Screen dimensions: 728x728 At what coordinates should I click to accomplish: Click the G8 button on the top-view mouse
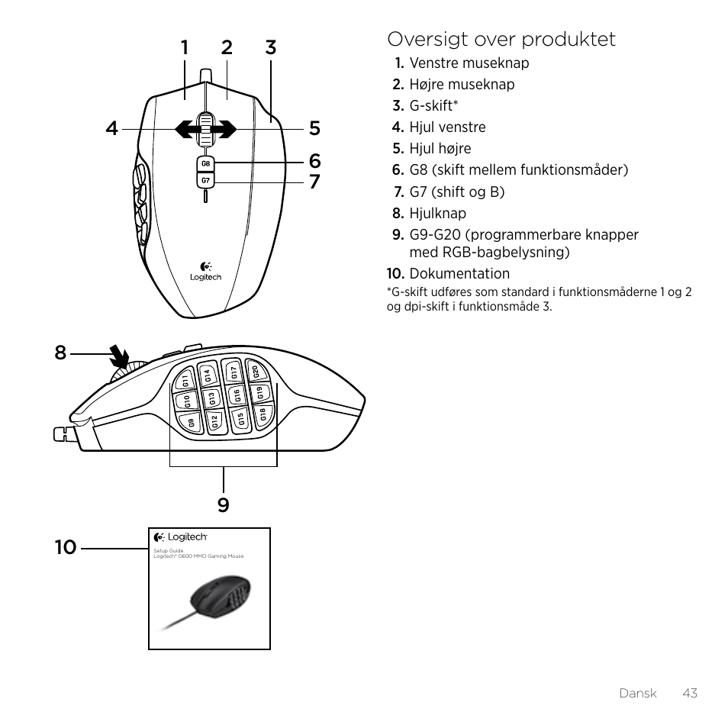205,164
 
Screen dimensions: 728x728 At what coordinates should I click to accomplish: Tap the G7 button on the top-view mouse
205,181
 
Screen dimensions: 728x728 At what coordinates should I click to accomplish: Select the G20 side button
256,372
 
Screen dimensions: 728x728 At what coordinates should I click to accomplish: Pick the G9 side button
191,422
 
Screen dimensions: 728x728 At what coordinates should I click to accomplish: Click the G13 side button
212,398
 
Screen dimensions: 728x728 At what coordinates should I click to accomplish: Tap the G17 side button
234,372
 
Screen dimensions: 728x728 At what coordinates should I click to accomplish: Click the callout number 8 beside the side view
60,353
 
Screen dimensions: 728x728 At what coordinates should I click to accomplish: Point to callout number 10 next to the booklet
66,546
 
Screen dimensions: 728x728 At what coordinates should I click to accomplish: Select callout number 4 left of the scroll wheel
112,129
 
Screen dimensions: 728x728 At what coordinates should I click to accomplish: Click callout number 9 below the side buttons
223,504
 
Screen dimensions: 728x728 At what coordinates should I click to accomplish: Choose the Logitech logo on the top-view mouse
205,272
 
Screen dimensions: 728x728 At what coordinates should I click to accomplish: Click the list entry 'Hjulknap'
437,213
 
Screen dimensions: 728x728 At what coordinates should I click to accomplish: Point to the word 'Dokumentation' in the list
459,273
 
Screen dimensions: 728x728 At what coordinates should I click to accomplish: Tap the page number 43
690,693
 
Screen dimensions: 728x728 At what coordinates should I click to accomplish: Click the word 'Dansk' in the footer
638,693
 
